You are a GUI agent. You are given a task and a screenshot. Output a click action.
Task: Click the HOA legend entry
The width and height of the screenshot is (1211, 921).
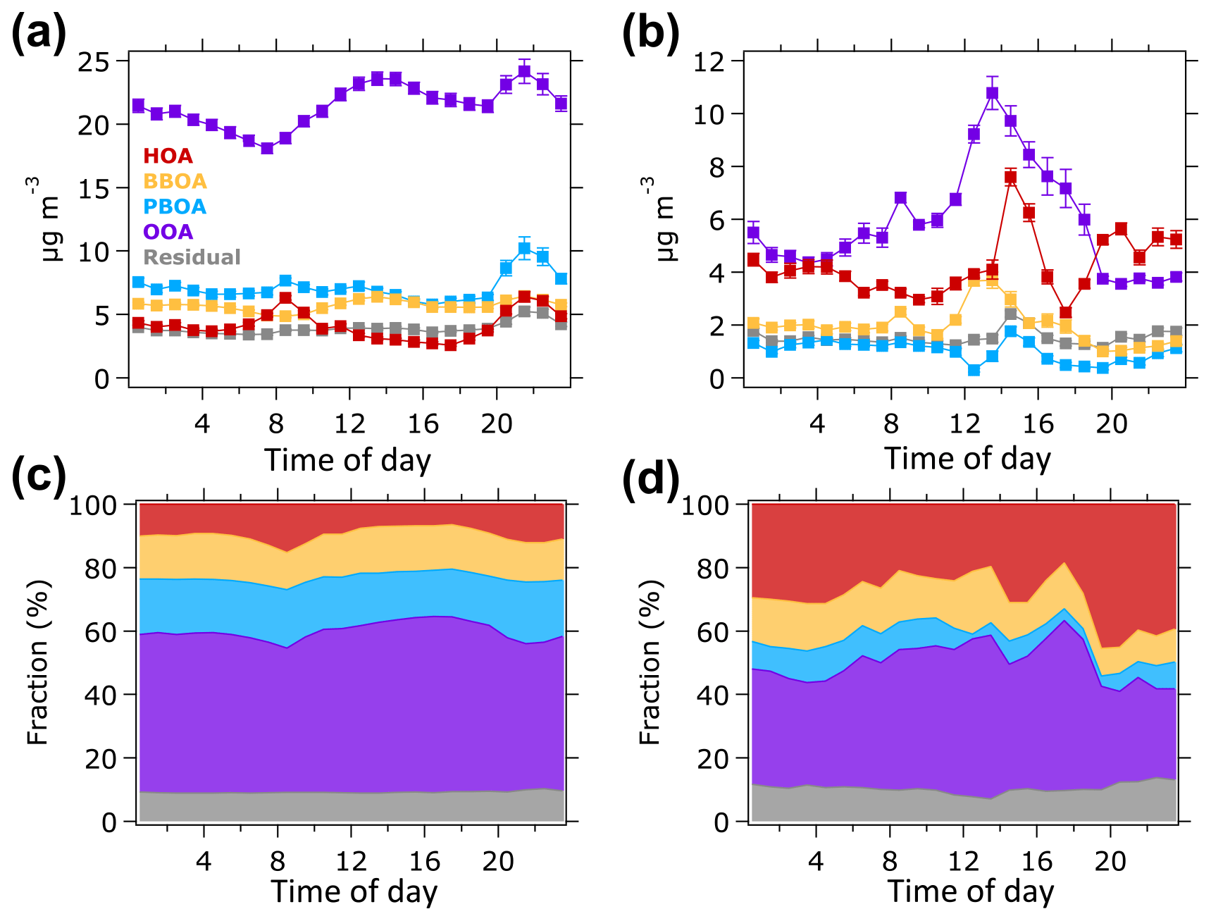coord(168,156)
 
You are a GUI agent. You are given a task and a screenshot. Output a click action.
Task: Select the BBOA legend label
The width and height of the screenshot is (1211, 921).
coord(175,181)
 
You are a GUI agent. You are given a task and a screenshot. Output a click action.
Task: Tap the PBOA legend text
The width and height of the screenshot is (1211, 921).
coord(175,206)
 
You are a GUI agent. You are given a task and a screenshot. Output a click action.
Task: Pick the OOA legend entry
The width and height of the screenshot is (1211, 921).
coord(168,232)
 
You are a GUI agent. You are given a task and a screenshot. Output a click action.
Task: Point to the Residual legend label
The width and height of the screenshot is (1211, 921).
coord(192,257)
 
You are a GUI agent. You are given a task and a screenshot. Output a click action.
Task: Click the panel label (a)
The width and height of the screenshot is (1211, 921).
coord(38,33)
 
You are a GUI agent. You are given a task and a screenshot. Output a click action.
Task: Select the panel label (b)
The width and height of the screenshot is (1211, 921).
coord(650,33)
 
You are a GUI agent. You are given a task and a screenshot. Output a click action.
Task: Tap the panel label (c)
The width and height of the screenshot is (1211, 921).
coord(38,477)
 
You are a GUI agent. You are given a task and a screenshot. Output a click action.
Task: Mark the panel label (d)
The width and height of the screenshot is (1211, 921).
coord(650,477)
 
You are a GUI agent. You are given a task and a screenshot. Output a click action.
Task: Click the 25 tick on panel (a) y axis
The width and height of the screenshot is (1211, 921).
coord(94,62)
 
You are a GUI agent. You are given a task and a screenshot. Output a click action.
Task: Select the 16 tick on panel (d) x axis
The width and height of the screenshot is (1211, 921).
coord(1036,861)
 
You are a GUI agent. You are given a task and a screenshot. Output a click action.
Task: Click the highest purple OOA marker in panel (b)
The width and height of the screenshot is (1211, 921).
coord(993,93)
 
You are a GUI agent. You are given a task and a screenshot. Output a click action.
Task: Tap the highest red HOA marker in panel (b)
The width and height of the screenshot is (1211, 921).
coord(1011,178)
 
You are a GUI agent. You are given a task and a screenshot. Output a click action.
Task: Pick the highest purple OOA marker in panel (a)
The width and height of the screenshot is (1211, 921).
coord(524,71)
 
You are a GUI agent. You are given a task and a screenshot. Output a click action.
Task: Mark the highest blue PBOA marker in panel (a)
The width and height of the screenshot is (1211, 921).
coord(524,248)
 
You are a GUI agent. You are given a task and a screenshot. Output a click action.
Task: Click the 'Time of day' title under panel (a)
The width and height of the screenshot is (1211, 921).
coord(347,460)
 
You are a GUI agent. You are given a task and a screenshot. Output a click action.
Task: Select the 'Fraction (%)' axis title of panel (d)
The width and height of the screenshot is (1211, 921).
coord(650,662)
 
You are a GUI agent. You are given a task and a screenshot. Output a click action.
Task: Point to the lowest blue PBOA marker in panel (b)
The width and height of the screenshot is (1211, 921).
coord(974,370)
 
